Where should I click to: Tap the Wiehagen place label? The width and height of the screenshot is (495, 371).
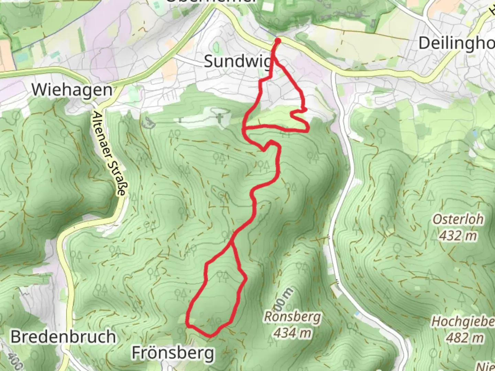point(72,90)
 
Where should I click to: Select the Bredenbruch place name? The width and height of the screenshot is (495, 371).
point(63,337)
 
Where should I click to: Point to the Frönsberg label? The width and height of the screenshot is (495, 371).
point(173,353)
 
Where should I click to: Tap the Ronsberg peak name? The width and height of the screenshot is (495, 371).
point(292,317)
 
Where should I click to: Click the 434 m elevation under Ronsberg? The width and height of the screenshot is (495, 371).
point(292,333)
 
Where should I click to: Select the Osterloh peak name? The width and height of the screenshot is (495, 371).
point(458,219)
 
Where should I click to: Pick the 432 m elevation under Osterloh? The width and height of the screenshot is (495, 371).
point(458,236)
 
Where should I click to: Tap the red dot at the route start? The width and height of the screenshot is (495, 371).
point(277,41)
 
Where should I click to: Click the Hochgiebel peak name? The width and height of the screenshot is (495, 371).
point(463,322)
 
